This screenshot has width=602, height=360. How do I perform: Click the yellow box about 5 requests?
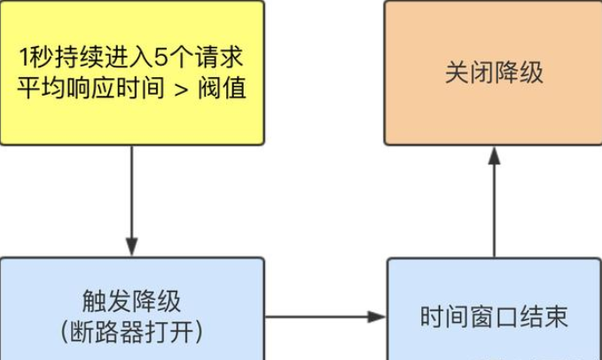tap(132, 73)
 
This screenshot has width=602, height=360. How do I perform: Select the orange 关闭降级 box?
tap(493, 73)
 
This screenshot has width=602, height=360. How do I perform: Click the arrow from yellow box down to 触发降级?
tap(132, 200)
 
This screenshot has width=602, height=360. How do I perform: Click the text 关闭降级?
tap(493, 73)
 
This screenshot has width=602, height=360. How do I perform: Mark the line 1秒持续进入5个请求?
tap(132, 58)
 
